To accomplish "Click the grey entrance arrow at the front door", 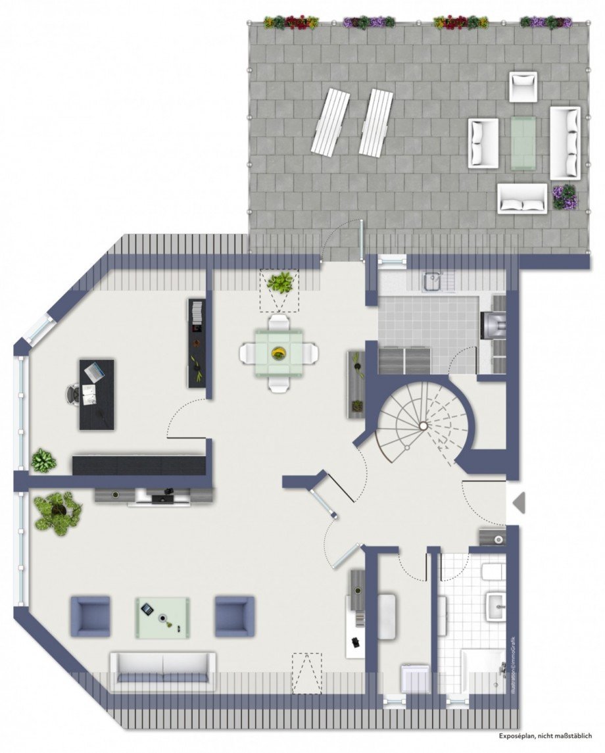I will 520,504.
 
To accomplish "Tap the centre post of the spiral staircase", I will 423,426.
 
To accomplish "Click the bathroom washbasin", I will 495,604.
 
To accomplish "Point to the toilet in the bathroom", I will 493,571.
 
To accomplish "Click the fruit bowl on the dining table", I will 279,353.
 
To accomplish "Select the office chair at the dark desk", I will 74,394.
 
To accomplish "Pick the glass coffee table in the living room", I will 162,617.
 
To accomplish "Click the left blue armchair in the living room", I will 90,616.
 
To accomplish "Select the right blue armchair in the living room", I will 234,616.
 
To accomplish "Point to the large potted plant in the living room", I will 58,512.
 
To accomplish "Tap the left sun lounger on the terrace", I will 330,122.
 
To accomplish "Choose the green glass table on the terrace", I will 523,142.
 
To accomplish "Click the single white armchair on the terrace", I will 523,86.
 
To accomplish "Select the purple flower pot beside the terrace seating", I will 565,197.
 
